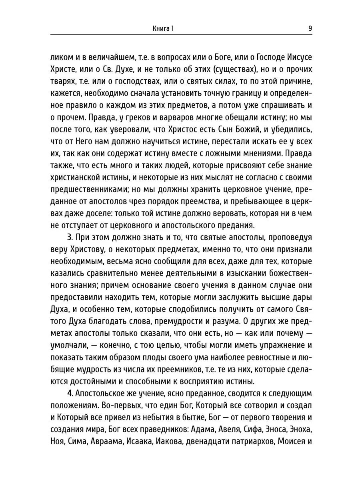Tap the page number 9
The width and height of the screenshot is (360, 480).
[x=310, y=28]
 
